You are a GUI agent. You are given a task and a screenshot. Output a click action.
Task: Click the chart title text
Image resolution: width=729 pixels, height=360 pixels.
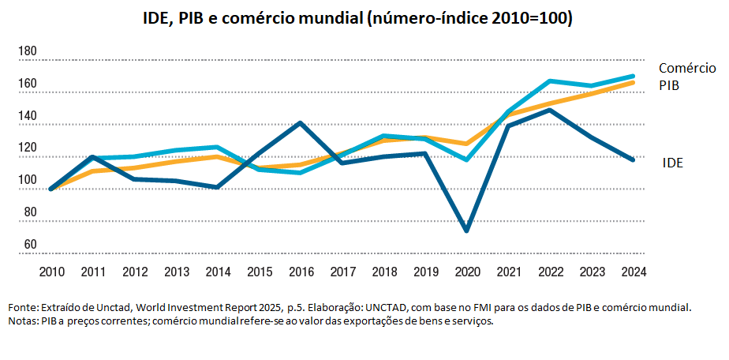pos(364,18)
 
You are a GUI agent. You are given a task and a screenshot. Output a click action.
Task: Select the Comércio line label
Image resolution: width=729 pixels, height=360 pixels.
pos(687,68)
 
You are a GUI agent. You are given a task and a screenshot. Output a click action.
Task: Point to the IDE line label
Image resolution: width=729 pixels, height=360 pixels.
pos(672,163)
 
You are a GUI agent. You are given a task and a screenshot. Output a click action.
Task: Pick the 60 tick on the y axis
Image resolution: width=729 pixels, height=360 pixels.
pos(30,245)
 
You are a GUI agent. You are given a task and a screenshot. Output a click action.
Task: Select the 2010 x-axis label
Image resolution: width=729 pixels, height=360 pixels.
pos(52,272)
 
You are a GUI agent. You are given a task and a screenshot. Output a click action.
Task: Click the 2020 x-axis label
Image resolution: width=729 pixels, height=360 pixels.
pos(467,272)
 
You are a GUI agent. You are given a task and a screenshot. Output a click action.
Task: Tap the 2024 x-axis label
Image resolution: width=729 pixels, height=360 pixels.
pos(633,272)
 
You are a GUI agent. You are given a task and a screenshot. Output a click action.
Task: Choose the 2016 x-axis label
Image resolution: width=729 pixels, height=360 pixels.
pos(301,272)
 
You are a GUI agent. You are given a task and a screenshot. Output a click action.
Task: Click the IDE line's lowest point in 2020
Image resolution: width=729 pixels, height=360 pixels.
pos(467,231)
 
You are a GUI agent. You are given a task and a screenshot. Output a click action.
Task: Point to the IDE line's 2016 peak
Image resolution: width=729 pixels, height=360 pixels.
pos(301,122)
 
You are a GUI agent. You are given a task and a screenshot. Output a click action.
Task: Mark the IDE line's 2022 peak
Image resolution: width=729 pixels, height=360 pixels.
pos(550,110)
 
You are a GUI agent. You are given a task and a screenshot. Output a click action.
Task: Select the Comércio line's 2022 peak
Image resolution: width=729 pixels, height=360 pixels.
pos(550,81)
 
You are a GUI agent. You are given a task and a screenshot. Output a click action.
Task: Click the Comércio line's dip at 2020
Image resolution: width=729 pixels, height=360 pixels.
pos(467,159)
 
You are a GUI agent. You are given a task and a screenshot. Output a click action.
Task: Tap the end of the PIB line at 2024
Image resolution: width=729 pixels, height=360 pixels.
pos(633,82)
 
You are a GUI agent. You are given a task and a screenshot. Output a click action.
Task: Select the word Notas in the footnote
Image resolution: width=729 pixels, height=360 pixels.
pos(22,321)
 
